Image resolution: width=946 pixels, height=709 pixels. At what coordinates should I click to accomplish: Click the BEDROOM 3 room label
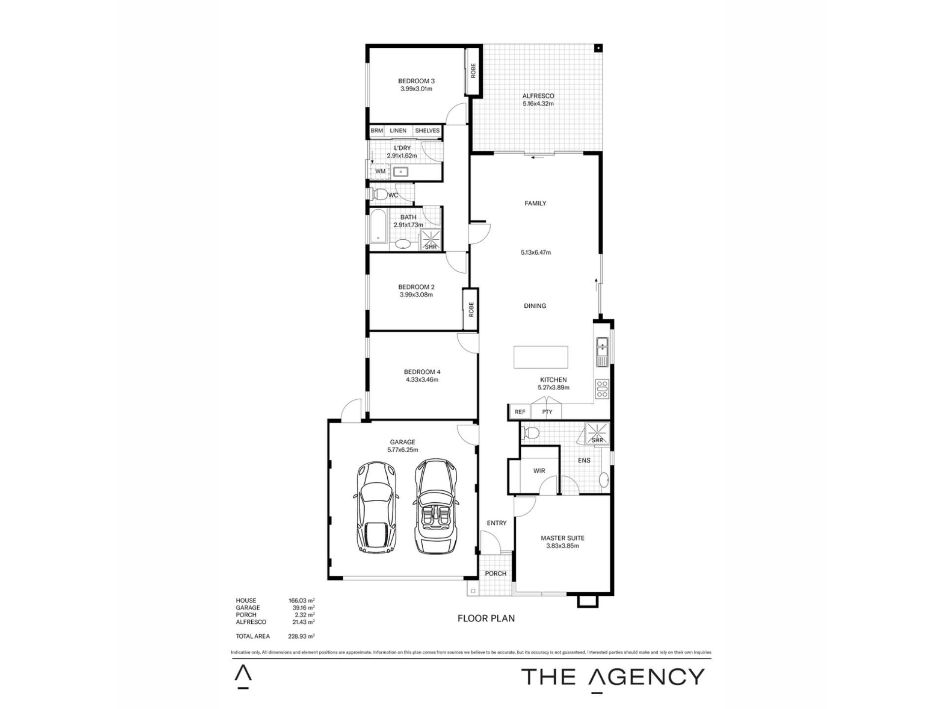click(x=416, y=81)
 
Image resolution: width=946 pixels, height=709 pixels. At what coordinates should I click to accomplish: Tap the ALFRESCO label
click(x=538, y=96)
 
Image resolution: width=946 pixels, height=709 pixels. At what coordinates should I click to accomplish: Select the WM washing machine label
click(x=380, y=171)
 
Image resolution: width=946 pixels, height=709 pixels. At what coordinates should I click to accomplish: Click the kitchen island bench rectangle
click(x=541, y=357)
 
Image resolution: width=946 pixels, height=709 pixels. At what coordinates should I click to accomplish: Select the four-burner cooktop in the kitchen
click(x=602, y=389)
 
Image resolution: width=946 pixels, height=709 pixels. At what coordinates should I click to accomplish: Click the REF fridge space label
click(x=520, y=412)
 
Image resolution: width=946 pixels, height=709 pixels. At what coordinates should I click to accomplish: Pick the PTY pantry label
click(x=547, y=412)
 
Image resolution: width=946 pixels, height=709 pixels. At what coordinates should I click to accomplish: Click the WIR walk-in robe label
click(x=539, y=471)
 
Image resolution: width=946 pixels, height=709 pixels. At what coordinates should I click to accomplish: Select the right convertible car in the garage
click(x=436, y=506)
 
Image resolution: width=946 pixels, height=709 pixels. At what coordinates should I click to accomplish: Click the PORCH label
click(x=496, y=574)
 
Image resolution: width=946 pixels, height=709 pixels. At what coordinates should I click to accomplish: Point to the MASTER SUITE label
click(x=562, y=538)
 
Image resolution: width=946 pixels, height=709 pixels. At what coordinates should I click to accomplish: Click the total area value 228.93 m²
click(x=302, y=636)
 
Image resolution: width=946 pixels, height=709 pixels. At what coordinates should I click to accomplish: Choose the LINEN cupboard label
click(x=398, y=130)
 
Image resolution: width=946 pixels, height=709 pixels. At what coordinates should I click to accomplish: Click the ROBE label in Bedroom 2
click(x=471, y=309)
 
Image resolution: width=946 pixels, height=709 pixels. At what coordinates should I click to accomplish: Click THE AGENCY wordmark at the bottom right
click(x=613, y=677)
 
